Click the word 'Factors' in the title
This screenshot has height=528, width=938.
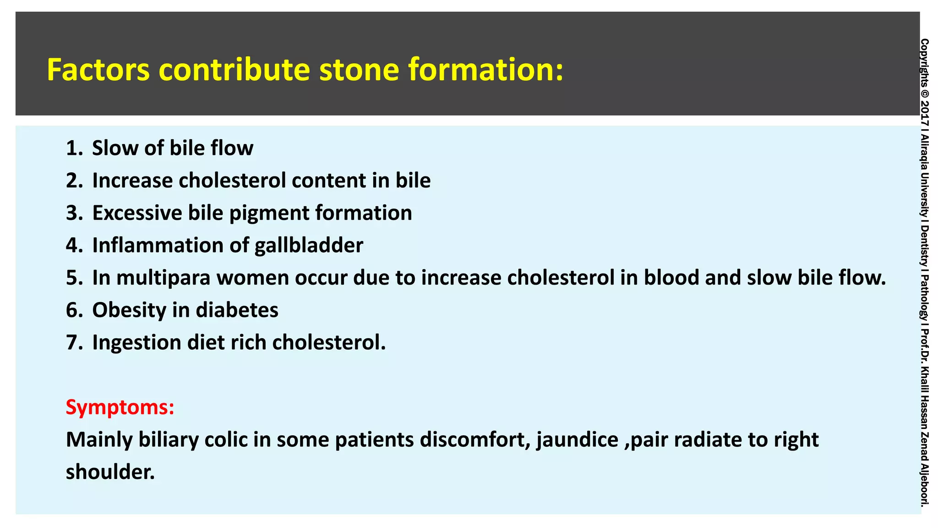point(98,70)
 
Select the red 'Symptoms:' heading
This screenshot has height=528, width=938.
point(120,407)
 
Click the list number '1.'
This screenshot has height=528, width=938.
point(74,148)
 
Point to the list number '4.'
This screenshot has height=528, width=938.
point(74,245)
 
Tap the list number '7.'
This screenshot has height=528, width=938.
point(74,342)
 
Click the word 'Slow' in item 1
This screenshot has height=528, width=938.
point(115,148)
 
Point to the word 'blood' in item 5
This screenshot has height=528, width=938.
point(671,278)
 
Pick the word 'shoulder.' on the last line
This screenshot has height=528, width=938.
point(110,472)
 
